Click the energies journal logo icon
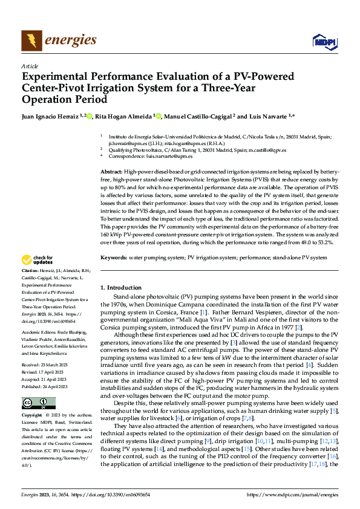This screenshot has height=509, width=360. [29, 41]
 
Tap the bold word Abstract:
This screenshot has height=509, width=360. [112, 172]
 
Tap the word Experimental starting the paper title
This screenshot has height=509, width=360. [54, 77]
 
